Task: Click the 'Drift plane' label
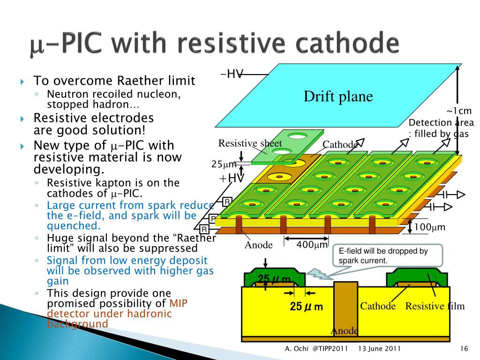(338, 96)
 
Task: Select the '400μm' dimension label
(312, 245)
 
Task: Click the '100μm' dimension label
(429, 227)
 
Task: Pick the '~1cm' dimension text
(459, 111)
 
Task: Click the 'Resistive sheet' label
(250, 143)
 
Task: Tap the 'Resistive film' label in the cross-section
(435, 306)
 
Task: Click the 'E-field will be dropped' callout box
(388, 256)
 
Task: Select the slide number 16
(464, 348)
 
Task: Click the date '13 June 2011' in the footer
(379, 348)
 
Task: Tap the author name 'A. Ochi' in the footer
(296, 348)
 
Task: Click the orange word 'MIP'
(178, 303)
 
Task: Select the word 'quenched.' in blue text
(74, 226)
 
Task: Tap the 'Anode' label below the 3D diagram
(258, 245)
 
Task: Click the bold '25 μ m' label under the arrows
(306, 307)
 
